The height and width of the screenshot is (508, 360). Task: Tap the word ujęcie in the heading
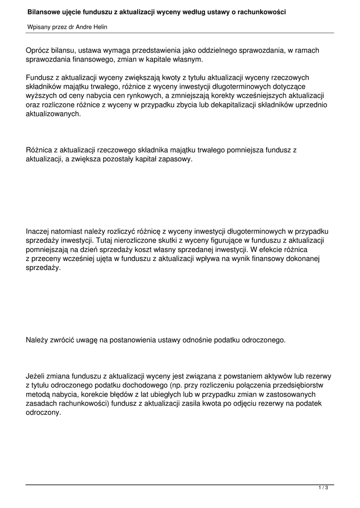click(72, 11)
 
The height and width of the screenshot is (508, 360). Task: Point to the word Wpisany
click(39, 27)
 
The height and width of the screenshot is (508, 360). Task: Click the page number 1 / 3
click(323, 488)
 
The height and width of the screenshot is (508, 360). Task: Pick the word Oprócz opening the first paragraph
click(38, 51)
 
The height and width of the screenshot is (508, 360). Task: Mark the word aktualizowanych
click(53, 114)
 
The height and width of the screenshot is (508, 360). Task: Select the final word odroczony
click(43, 412)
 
